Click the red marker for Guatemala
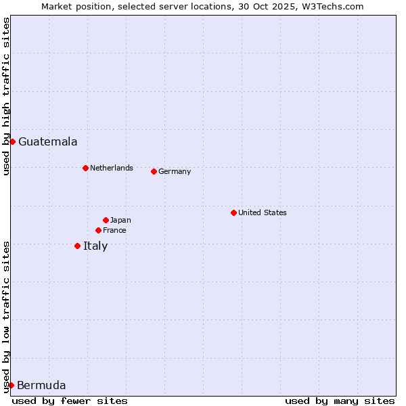[x=12, y=141]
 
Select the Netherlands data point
[x=85, y=168]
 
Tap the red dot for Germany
[x=154, y=171]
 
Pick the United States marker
[x=233, y=212]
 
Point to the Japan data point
[x=106, y=220]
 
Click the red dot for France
[x=98, y=230]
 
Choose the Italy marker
[x=77, y=246]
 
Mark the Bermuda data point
[x=11, y=385]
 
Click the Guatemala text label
[x=47, y=142]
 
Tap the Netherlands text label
[x=112, y=168]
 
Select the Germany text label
[x=175, y=171]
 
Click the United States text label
[x=263, y=212]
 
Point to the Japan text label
[x=120, y=220]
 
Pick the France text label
[x=114, y=230]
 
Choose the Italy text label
[x=95, y=246]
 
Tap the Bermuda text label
[x=41, y=386]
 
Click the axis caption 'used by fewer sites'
[x=70, y=401]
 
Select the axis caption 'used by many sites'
[x=340, y=401]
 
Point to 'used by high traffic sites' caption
[x=6, y=97]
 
